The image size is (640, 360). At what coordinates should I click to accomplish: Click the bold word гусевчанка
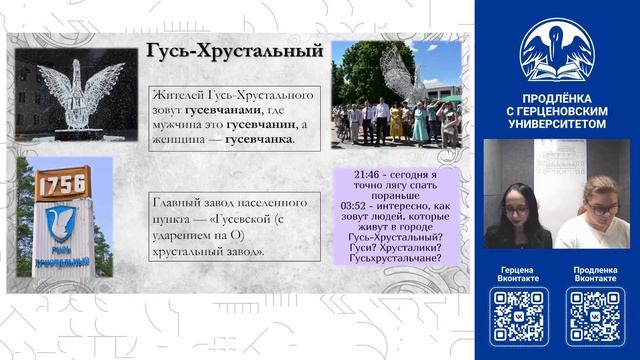(x=262, y=140)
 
